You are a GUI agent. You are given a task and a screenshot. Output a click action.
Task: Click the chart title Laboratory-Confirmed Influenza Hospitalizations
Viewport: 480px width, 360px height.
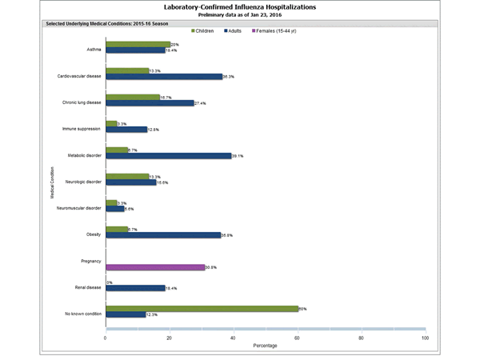pos(239,6)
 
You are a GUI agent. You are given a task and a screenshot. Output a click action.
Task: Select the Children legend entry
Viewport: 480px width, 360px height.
pos(210,30)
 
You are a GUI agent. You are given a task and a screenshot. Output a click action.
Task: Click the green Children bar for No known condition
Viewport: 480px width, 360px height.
pos(202,308)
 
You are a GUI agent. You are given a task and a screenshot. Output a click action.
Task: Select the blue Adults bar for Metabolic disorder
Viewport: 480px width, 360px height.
pos(168,155)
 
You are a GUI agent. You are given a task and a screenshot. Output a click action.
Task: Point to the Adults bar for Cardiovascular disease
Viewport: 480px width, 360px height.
pos(163,77)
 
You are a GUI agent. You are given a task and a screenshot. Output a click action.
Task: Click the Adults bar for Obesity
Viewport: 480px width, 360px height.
pos(162,234)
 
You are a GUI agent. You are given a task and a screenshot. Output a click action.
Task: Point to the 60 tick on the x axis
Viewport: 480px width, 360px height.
pos(298,338)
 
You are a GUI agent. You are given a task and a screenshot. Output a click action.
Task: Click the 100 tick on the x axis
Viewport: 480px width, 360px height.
pos(425,338)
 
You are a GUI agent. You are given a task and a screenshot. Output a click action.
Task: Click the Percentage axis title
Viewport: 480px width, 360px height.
pos(266,346)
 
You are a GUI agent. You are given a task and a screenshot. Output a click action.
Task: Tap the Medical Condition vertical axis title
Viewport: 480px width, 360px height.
pos(50,181)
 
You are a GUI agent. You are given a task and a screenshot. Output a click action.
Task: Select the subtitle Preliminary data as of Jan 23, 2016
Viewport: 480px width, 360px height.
pos(239,14)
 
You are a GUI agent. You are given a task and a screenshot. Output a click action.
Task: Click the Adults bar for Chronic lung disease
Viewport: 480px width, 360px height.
pos(150,102)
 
